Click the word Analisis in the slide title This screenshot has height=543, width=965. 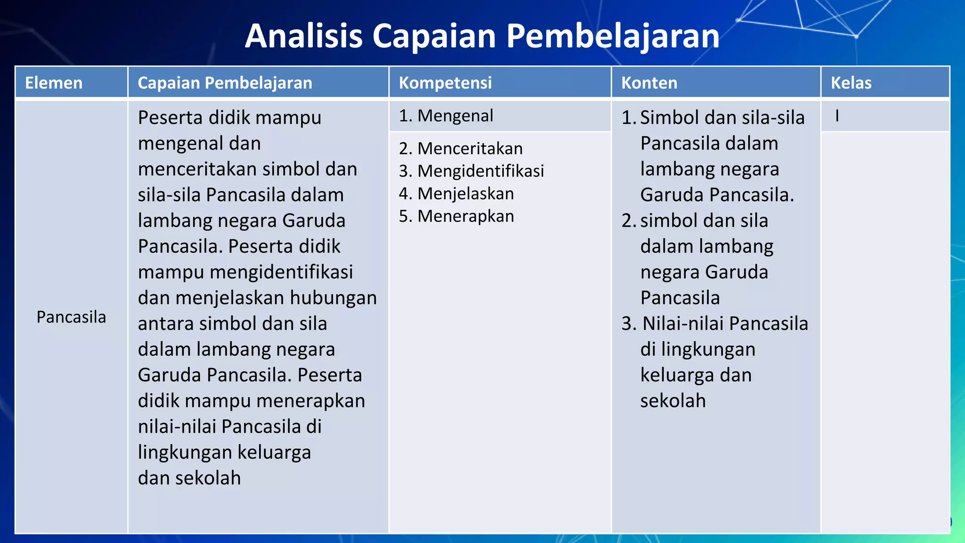pyautogui.click(x=304, y=36)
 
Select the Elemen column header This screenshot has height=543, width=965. pyautogui.click(x=54, y=83)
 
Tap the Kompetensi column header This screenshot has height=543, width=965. pyautogui.click(x=445, y=83)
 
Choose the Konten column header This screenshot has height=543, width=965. pyautogui.click(x=649, y=83)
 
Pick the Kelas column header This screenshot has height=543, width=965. pyautogui.click(x=851, y=83)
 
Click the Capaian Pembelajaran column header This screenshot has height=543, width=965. pyautogui.click(x=225, y=83)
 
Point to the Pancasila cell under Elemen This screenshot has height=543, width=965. pyautogui.click(x=71, y=317)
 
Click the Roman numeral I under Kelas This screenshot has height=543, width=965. pyautogui.click(x=837, y=116)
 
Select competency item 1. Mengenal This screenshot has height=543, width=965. pyautogui.click(x=446, y=116)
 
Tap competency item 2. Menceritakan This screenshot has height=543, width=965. pyautogui.click(x=461, y=149)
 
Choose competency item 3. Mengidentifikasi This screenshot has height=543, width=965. pyautogui.click(x=471, y=171)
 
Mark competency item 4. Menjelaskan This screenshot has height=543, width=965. pyautogui.click(x=456, y=194)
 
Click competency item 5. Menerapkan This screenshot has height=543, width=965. pyautogui.click(x=456, y=216)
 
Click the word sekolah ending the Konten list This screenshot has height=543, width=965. pyautogui.click(x=673, y=401)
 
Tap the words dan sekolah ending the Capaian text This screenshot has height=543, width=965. pyautogui.click(x=189, y=478)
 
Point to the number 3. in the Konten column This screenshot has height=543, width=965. pyautogui.click(x=629, y=324)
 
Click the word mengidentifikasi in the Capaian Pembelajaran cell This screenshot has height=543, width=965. pyautogui.click(x=281, y=272)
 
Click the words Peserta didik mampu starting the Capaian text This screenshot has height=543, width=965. pyautogui.click(x=229, y=118)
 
